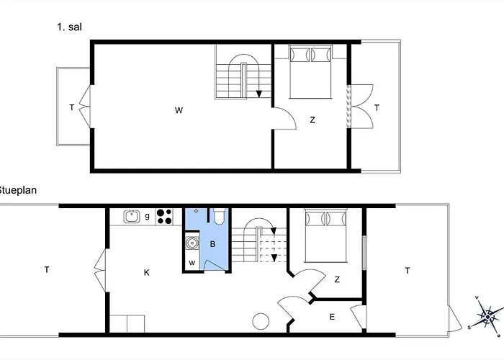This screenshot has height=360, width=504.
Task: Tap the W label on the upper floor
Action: pyautogui.click(x=178, y=110)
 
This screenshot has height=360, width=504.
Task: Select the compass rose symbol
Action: pyautogui.click(x=488, y=315)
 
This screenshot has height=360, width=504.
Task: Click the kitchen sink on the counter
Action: pyautogui.click(x=131, y=215)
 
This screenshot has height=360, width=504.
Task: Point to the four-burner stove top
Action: pyautogui.click(x=163, y=215)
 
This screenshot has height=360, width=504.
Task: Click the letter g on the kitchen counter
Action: pyautogui.click(x=147, y=215)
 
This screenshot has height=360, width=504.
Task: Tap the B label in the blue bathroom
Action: pyautogui.click(x=212, y=244)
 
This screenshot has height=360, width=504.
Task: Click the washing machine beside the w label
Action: pyautogui.click(x=192, y=243)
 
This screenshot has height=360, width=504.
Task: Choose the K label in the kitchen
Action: pyautogui.click(x=146, y=272)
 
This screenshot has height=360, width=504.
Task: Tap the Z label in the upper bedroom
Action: pyautogui.click(x=312, y=120)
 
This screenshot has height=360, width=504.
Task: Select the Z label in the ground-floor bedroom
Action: pyautogui.click(x=337, y=279)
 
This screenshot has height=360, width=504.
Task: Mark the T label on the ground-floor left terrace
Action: pyautogui.click(x=47, y=270)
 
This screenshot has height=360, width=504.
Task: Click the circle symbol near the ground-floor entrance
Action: pyautogui.click(x=258, y=321)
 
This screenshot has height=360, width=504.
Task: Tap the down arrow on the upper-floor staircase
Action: pyautogui.click(x=258, y=92)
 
